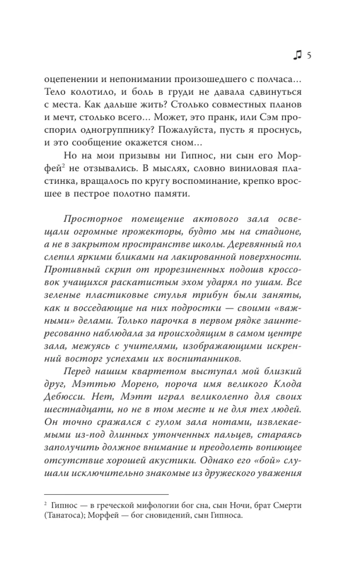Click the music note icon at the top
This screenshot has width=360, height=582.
(297, 55)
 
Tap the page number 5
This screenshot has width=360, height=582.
(309, 55)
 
